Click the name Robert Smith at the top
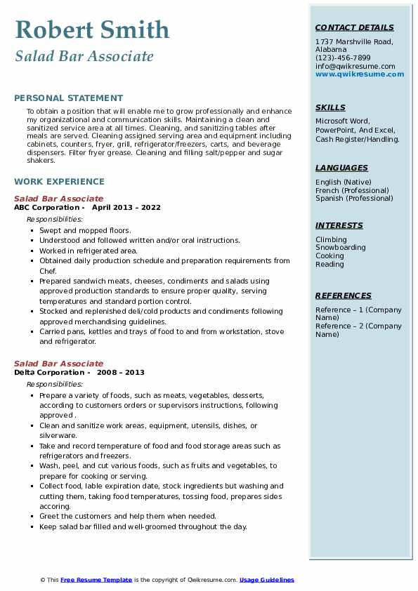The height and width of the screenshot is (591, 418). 92,29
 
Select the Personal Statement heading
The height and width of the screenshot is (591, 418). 68,98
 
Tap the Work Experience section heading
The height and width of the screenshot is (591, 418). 59,181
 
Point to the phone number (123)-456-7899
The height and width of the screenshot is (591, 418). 343,58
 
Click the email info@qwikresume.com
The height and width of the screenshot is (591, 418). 355,66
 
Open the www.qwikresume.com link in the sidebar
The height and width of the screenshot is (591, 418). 355,74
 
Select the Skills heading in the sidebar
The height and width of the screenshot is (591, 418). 330,107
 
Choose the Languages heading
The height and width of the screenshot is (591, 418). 341,168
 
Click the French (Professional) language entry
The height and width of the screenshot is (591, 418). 352,190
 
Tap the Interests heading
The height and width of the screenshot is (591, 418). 339,225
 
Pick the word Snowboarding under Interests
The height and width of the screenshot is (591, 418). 341,248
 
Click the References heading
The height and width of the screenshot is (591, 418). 344,295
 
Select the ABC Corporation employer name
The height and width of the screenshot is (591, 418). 46,208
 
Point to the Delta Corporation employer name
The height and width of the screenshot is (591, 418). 48,373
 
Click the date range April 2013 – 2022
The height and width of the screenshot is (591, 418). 126,208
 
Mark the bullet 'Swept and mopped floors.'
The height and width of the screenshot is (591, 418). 85,230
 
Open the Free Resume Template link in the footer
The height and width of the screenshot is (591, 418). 96,580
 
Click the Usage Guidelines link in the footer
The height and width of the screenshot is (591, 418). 267,580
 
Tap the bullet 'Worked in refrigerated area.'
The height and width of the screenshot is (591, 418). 89,251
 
